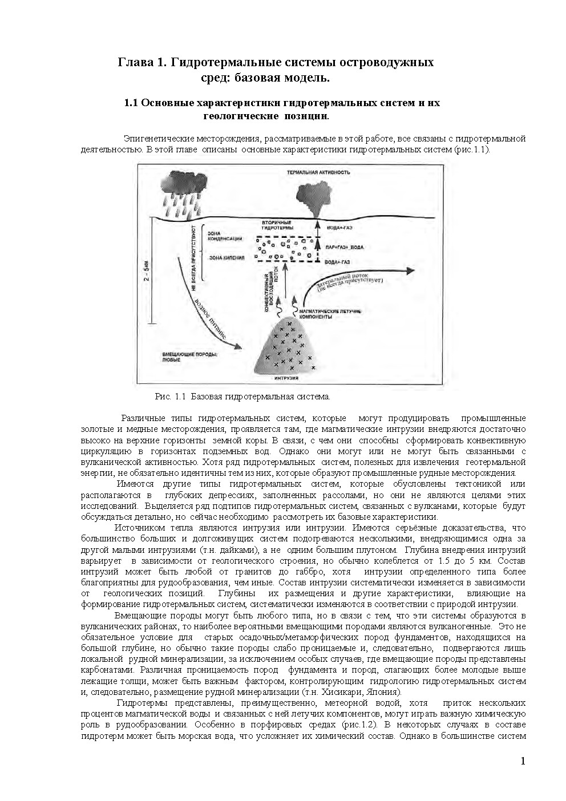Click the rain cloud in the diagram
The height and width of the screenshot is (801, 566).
pos(184,181)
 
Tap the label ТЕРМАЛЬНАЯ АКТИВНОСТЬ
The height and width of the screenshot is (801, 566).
pos(319,172)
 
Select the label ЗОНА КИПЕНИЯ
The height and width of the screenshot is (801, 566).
pos(227,257)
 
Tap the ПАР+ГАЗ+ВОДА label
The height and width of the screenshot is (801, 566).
pos(343,248)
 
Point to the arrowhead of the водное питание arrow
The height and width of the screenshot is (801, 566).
pos(235,345)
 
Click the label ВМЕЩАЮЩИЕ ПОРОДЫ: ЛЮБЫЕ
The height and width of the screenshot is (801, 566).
pos(183,357)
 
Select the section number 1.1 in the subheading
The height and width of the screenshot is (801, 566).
pos(132,103)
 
